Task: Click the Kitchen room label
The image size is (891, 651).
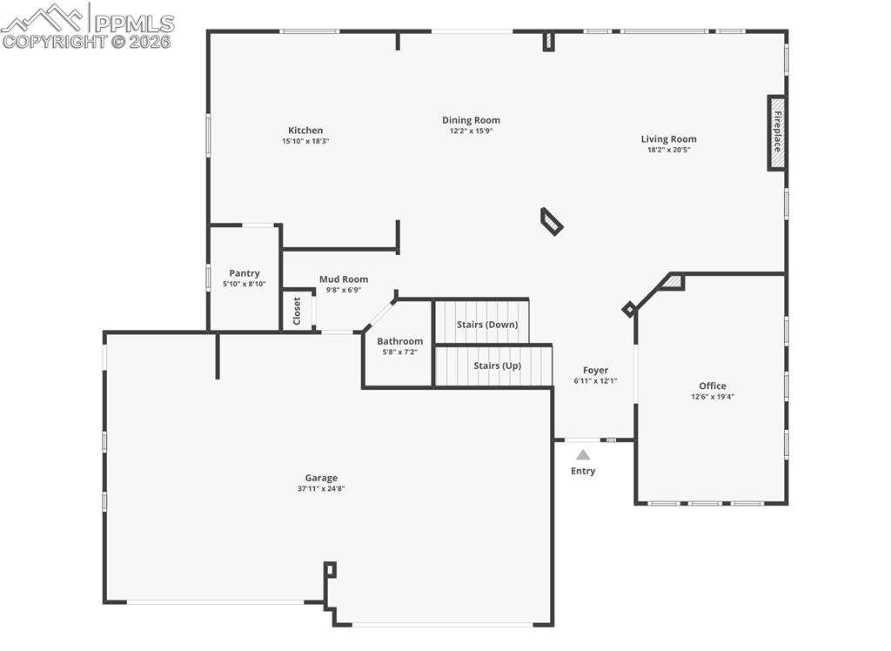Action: (305, 131)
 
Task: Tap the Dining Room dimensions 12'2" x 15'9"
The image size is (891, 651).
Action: (471, 131)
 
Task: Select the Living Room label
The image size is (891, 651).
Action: (668, 138)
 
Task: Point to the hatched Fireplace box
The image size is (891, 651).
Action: (776, 133)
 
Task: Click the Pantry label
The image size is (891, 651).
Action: (245, 273)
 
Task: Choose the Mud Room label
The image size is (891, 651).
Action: (343, 279)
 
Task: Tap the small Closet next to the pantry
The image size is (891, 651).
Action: (298, 311)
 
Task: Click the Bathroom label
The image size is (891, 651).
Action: (399, 341)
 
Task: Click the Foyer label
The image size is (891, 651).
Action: (595, 370)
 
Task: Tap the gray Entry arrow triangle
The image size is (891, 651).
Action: (583, 454)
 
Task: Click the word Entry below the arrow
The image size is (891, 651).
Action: (583, 471)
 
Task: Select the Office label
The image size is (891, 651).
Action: (712, 386)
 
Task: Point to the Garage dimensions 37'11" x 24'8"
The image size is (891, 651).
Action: (321, 488)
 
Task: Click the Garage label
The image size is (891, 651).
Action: (321, 478)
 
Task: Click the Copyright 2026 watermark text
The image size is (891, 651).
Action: (87, 40)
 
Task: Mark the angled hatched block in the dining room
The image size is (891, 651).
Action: (552, 221)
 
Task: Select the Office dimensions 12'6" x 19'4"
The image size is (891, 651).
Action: (712, 396)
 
